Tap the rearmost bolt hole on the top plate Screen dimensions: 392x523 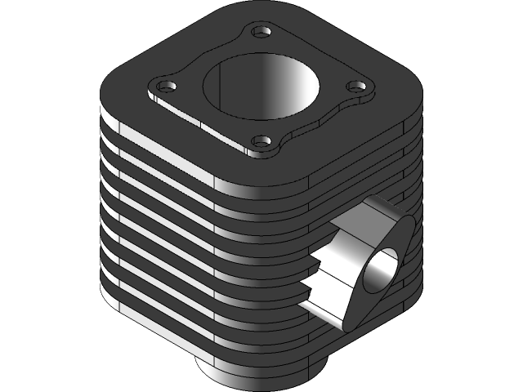[261, 32]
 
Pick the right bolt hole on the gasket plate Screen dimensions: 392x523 [355, 84]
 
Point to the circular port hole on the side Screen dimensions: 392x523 [383, 269]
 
